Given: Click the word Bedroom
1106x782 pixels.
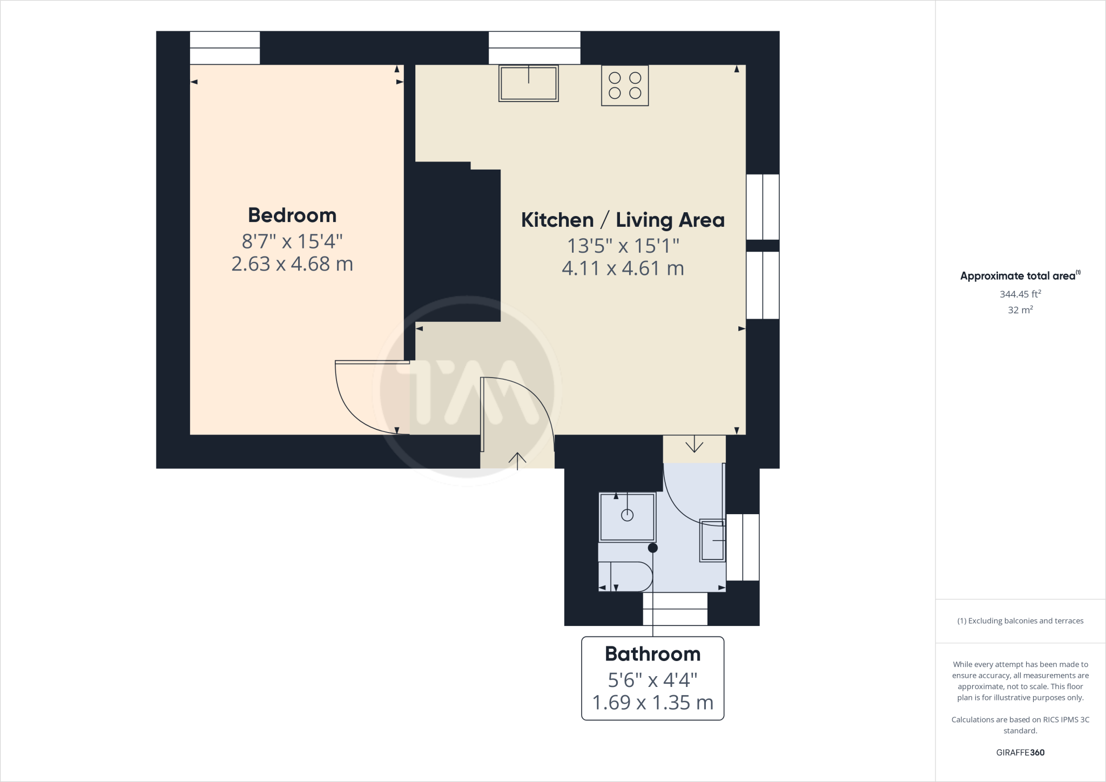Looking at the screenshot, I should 292,215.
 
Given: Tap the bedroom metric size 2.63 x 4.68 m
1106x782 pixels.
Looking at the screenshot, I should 292,264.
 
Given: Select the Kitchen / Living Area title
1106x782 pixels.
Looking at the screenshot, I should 622,220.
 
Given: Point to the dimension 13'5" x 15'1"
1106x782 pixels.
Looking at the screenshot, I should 622,246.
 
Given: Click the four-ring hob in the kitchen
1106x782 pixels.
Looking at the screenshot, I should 625,86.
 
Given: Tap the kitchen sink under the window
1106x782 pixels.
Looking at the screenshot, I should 528,84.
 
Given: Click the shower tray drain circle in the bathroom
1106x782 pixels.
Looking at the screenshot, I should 627,515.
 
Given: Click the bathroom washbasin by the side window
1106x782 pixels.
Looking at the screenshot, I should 712,541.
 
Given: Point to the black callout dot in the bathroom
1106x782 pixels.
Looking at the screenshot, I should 653,548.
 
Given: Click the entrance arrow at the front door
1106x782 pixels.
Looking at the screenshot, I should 517,461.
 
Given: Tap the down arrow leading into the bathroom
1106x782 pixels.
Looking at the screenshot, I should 694,446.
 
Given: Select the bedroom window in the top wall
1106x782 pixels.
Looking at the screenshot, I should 225,48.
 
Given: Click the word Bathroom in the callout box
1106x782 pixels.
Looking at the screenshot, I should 652,654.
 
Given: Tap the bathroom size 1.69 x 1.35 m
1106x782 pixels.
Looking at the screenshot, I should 652,703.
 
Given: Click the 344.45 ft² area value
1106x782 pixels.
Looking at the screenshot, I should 1020,294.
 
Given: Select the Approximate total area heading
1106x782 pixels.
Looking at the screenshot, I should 1018,276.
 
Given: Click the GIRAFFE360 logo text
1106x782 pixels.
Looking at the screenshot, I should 1020,752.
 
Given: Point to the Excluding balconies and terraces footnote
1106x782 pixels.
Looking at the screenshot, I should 1020,621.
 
